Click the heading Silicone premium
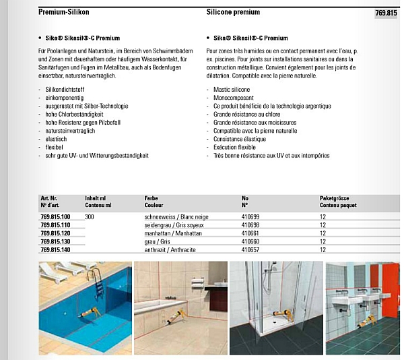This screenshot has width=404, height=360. click(233, 13)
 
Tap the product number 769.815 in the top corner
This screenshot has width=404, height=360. click(386, 13)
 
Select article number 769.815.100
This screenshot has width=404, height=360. click(60, 216)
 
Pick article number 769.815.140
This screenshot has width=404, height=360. click(60, 249)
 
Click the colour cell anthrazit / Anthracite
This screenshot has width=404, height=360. click(169, 249)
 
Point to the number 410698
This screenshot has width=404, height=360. click(250, 224)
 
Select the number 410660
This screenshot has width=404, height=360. click(250, 241)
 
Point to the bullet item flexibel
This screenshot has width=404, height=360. click(55, 147)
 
